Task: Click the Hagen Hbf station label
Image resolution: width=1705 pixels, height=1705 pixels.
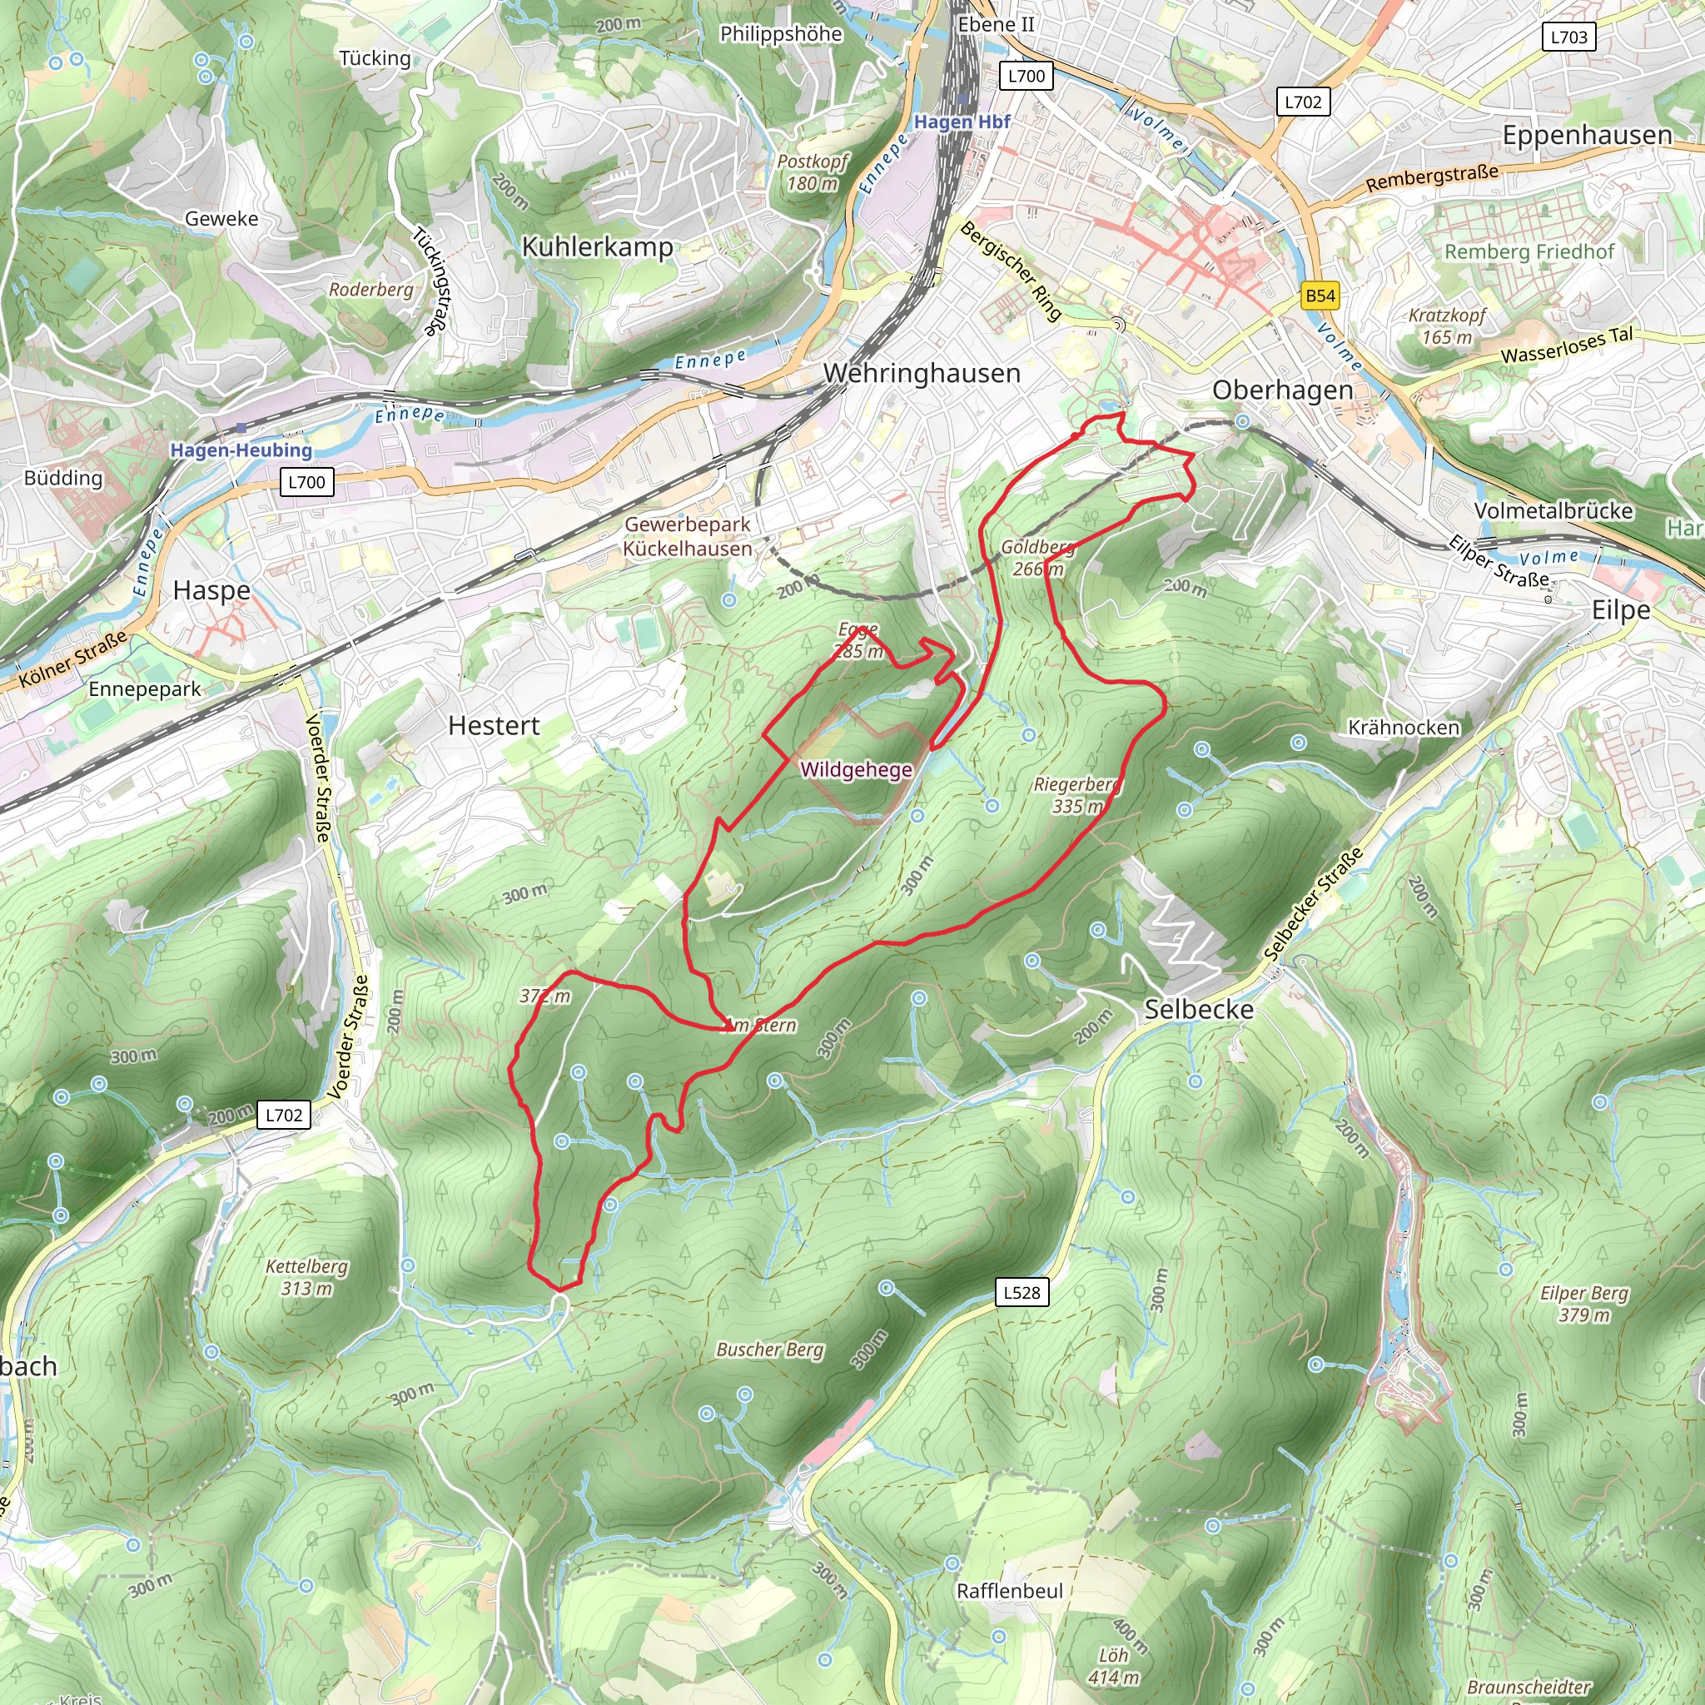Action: (961, 122)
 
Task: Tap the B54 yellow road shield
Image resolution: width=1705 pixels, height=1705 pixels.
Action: (1320, 296)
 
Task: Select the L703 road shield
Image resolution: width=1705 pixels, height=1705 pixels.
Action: (1568, 37)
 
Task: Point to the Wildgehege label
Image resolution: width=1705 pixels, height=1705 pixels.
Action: (855, 769)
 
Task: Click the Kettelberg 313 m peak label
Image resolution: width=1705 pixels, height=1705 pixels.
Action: (306, 1277)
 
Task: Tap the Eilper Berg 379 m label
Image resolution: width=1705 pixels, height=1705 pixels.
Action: (1583, 1304)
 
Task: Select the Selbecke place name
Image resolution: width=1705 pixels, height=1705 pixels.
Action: (1199, 1010)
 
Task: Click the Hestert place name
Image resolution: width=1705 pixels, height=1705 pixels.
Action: (494, 725)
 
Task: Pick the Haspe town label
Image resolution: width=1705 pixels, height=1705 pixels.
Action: (211, 590)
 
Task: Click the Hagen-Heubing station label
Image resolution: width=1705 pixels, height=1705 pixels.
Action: (241, 450)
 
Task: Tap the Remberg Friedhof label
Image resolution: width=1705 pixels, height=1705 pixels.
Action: (1529, 251)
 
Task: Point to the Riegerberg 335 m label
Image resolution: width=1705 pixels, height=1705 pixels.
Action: (1077, 795)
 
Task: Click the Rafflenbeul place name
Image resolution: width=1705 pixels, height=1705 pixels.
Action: (1010, 1590)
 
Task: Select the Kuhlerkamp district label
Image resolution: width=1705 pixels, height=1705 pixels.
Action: (597, 246)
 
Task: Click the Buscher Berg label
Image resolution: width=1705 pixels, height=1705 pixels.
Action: (769, 1350)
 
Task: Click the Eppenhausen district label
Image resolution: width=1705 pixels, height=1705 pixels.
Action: (1587, 135)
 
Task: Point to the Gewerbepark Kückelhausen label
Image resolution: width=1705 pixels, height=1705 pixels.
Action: (687, 535)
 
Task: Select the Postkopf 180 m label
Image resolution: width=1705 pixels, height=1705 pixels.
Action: (812, 172)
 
